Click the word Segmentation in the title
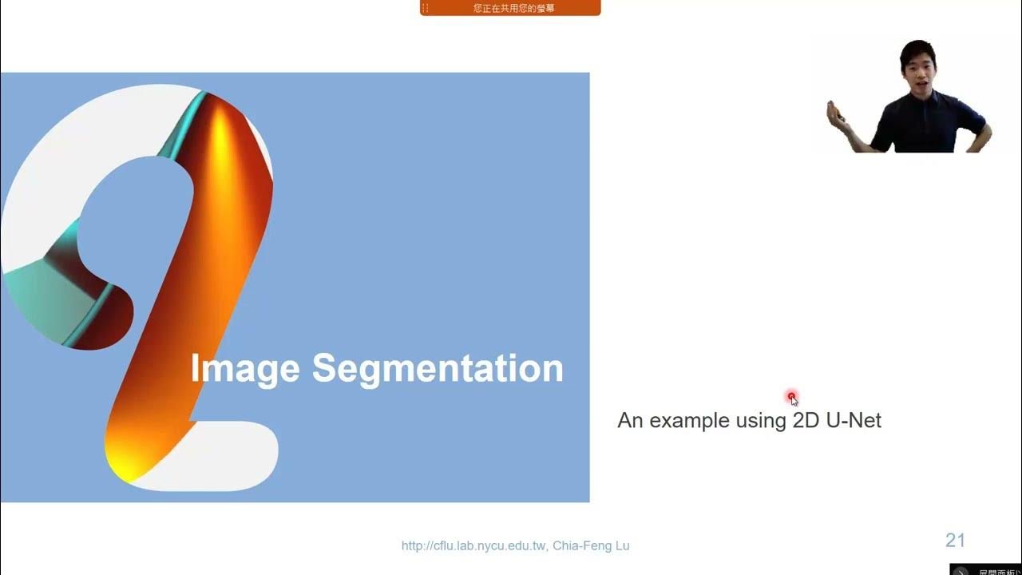pyautogui.click(x=438, y=369)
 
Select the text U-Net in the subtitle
pyautogui.click(x=854, y=420)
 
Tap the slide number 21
pyautogui.click(x=955, y=541)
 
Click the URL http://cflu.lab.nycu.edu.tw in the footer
pyautogui.click(x=473, y=546)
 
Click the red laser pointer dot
pyautogui.click(x=791, y=396)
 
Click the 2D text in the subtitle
pyautogui.click(x=806, y=420)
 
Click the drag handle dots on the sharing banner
pyautogui.click(x=426, y=8)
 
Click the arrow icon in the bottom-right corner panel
pyautogui.click(x=961, y=570)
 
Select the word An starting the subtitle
pyautogui.click(x=629, y=420)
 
